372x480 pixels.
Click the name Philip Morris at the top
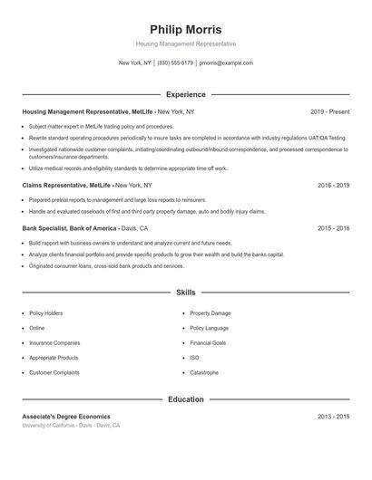tap(185, 29)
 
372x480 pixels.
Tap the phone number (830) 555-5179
tap(175, 63)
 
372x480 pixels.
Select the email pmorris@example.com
tap(226, 63)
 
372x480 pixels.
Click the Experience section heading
tap(185, 94)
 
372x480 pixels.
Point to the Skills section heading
tap(185, 293)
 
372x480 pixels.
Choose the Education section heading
tap(185, 398)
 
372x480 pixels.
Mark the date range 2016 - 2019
tap(333, 185)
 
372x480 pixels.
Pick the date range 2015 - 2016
tap(333, 228)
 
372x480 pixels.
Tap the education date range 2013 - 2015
tap(333, 416)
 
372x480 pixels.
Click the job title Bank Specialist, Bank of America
tap(76, 228)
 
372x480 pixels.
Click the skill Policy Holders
tap(45, 312)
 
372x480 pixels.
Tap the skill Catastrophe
tap(203, 372)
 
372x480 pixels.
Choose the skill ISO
tap(194, 357)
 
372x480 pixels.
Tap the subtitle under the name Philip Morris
tap(185, 43)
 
